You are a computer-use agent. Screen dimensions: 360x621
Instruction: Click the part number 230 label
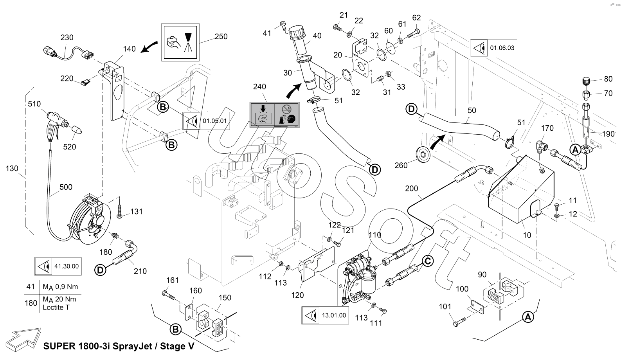coord(67,38)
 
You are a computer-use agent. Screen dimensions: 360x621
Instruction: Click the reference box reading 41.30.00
coord(58,266)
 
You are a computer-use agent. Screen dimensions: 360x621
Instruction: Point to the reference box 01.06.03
coord(493,48)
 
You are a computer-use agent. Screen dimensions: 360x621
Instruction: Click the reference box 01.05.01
coord(206,121)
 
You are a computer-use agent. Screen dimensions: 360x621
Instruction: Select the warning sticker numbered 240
coord(274,114)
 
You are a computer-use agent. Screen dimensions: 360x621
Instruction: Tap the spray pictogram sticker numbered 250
coord(180,41)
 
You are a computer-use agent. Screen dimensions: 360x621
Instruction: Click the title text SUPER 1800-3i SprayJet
coord(119,347)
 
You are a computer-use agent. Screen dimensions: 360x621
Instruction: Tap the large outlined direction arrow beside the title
coord(24,337)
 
